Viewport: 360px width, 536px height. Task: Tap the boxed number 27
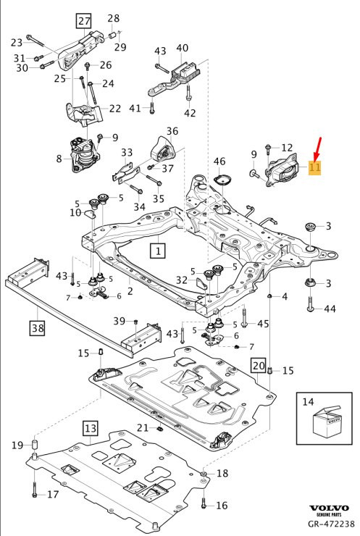point(85,20)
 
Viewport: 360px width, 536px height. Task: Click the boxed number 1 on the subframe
point(157,251)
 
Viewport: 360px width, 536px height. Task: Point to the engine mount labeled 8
point(85,155)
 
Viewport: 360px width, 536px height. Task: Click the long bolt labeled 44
point(311,309)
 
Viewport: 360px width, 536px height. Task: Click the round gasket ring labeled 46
point(221,180)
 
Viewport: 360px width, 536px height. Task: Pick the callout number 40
point(182,48)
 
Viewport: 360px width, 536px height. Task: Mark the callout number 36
point(172,131)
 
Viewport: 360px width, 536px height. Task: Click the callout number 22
point(114,109)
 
